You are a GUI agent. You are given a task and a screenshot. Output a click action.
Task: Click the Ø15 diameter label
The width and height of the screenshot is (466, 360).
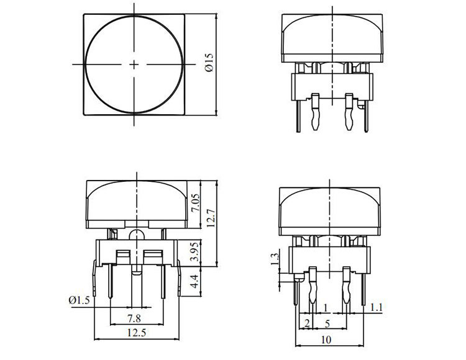[x=209, y=64]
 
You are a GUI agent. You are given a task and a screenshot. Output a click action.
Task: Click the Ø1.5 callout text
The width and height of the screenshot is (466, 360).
[x=80, y=300]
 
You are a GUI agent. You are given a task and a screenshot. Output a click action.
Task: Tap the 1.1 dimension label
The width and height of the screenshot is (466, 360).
[x=376, y=307]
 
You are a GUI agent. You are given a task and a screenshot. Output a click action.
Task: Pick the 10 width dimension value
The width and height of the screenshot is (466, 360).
[x=328, y=340]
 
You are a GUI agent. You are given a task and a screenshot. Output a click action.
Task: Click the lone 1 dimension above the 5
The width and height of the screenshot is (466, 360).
[x=327, y=307]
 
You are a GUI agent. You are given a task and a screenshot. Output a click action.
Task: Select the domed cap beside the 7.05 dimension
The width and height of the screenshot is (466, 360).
[x=136, y=202]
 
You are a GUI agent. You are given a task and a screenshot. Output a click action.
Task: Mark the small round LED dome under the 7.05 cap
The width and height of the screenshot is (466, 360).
[x=136, y=234]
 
